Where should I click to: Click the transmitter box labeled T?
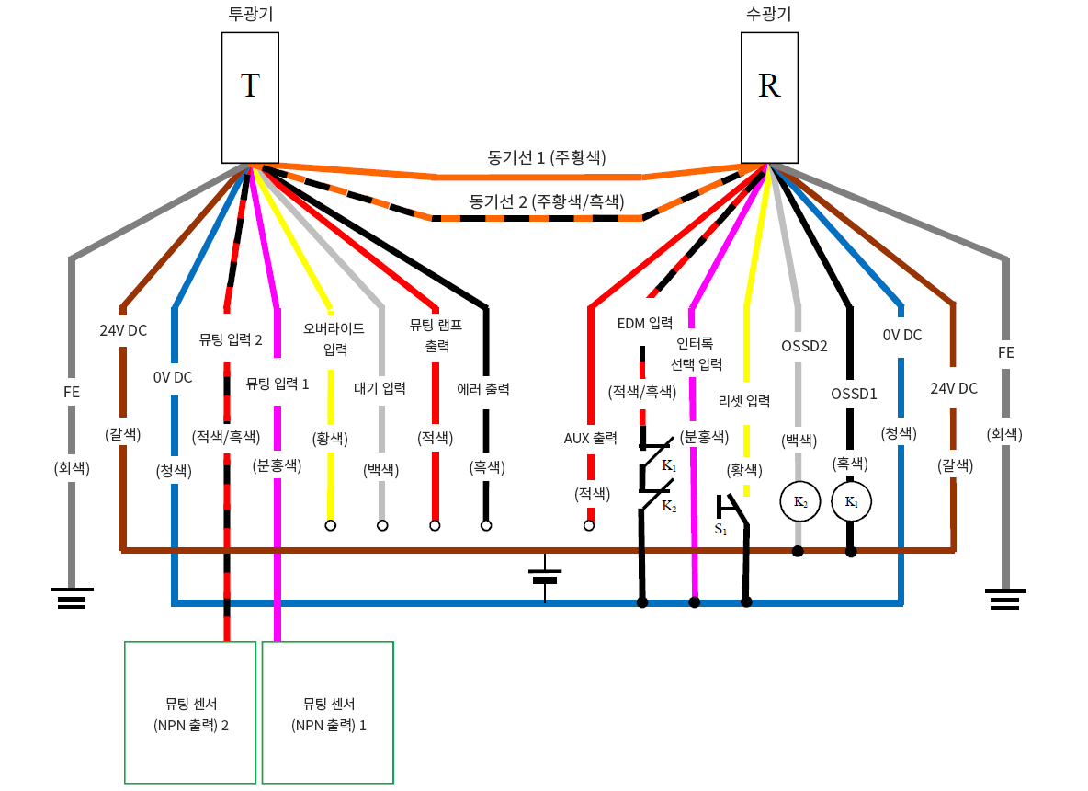[250, 97]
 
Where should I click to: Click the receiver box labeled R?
[769, 97]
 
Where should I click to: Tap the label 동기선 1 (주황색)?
[547, 156]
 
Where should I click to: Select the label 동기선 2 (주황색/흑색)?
[546, 200]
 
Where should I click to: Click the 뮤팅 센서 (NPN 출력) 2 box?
[190, 712]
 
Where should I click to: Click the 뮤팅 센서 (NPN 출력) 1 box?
[328, 712]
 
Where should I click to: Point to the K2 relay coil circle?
[799, 502]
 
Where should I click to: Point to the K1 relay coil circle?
[850, 502]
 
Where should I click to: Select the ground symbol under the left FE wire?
[71, 599]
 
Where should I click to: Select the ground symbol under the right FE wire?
[1006, 599]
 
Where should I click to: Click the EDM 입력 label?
[644, 323]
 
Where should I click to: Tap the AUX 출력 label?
[590, 437]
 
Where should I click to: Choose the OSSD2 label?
[804, 347]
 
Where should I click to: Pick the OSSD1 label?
[854, 394]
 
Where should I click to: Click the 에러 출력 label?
[483, 389]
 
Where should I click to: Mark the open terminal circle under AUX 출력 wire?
[589, 526]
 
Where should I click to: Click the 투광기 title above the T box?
[250, 14]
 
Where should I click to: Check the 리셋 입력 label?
[744, 401]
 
